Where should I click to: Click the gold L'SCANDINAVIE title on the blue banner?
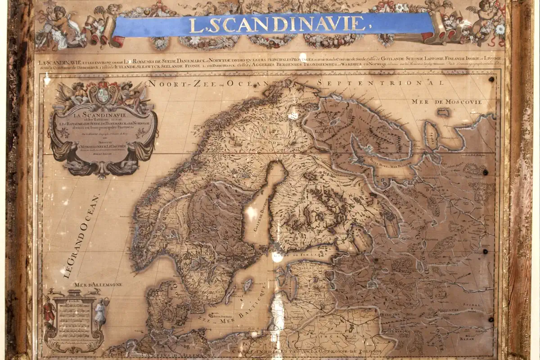click(275, 24)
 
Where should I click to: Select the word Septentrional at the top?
click(380, 83)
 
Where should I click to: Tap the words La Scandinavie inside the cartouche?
click(103, 116)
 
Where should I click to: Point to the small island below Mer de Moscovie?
click(443, 112)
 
